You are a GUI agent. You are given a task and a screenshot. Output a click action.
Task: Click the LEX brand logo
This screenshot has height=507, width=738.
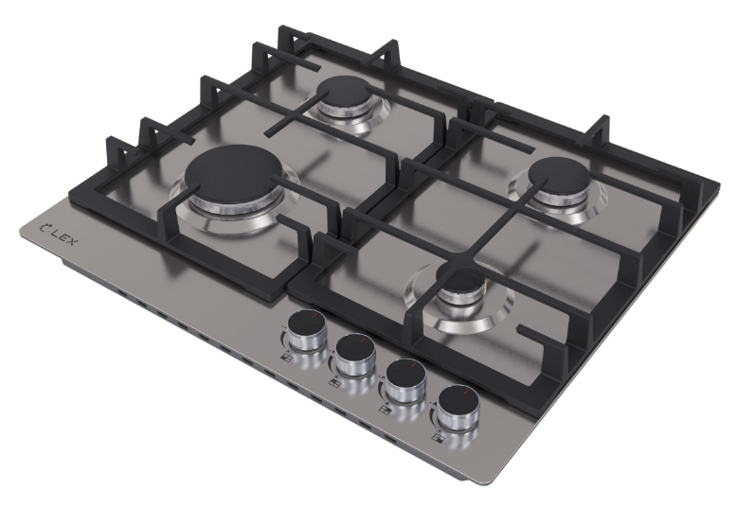[60, 233]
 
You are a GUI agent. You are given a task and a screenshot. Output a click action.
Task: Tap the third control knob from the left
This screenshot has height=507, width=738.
[405, 379]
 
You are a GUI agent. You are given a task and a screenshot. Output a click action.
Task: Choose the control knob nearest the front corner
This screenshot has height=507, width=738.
[457, 407]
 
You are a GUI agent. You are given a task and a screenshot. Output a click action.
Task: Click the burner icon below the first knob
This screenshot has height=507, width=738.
[286, 358]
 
